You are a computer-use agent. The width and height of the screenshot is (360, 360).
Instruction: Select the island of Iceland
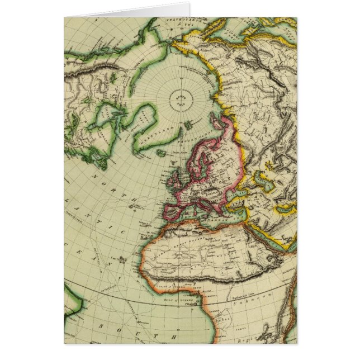tap(162, 152)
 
